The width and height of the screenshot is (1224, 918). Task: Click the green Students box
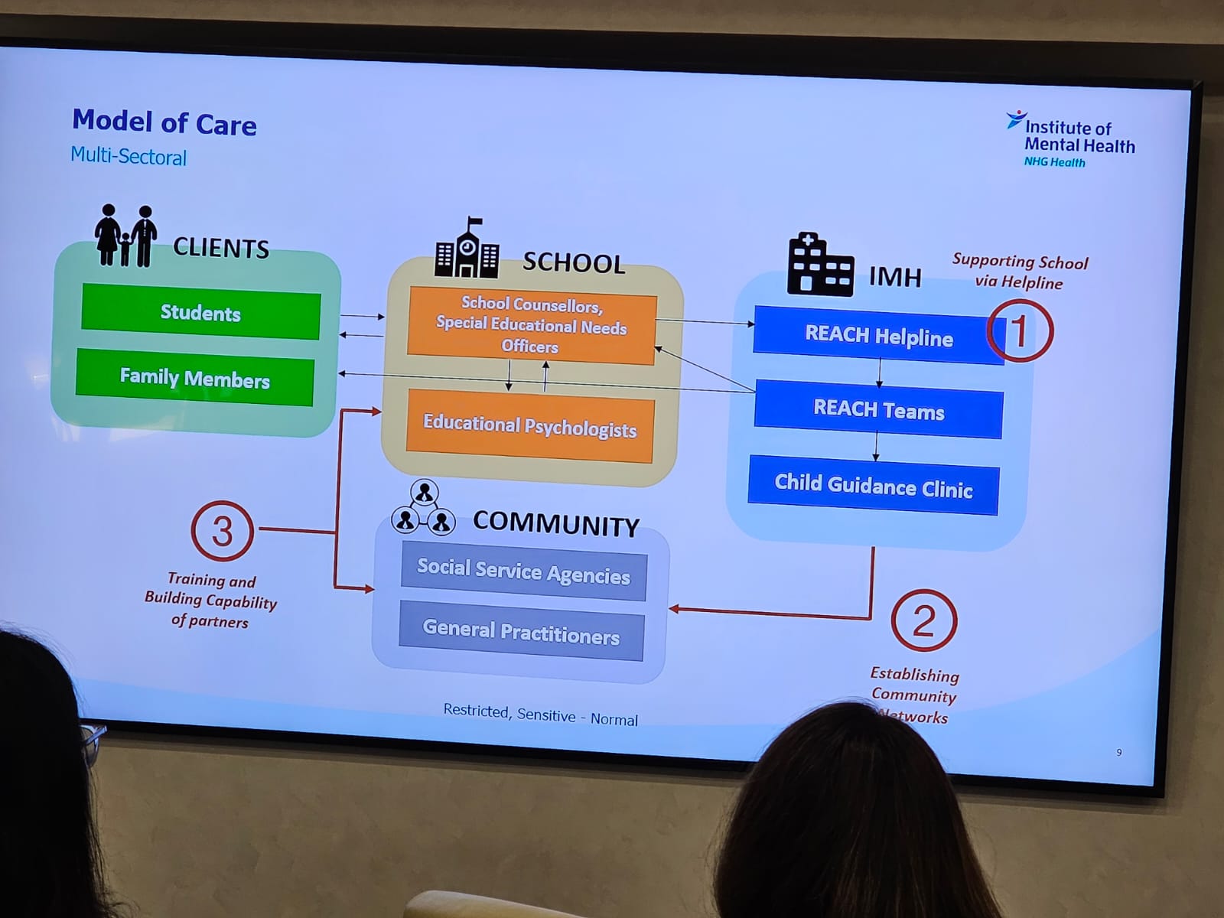[x=200, y=312]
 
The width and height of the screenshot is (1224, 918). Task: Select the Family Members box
[x=195, y=378]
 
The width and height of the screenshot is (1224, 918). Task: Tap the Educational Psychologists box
[x=529, y=426]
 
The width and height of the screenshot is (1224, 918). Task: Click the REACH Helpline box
[x=878, y=336]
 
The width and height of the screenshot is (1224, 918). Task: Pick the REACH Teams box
[x=878, y=411]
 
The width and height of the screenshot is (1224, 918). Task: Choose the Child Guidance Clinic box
[x=873, y=487]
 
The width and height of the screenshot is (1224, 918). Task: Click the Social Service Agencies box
[x=523, y=571]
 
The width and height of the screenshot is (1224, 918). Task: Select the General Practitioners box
[x=521, y=632]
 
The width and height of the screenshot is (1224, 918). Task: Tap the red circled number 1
[x=1020, y=330]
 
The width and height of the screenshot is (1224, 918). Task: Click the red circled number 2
[x=923, y=620]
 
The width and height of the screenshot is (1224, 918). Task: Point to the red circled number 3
[x=222, y=530]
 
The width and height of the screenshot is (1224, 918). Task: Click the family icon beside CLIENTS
[x=125, y=236]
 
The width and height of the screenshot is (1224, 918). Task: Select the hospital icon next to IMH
[x=819, y=265]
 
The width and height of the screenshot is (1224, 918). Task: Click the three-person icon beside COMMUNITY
[x=423, y=509]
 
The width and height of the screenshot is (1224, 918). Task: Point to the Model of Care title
[x=164, y=122]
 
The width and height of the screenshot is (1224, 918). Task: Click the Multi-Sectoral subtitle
[x=129, y=156]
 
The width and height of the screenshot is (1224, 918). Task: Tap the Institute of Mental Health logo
[x=1071, y=138]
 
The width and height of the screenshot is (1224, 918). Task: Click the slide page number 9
[x=1119, y=753]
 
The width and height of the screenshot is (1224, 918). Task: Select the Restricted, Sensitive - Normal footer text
[x=540, y=715]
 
